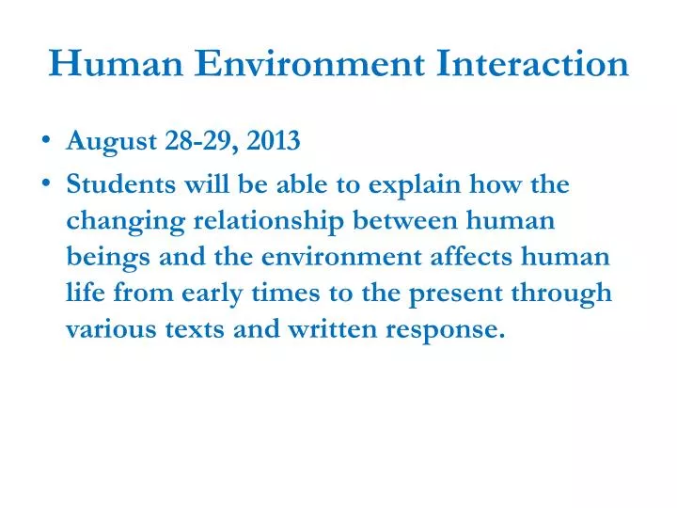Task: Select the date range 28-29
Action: coord(196,142)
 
